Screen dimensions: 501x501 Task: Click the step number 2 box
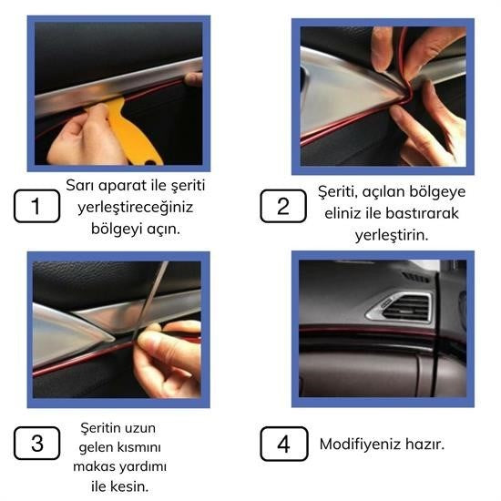click(x=283, y=206)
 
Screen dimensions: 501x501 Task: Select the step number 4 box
click(x=283, y=445)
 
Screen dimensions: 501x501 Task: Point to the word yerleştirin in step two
click(x=391, y=235)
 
